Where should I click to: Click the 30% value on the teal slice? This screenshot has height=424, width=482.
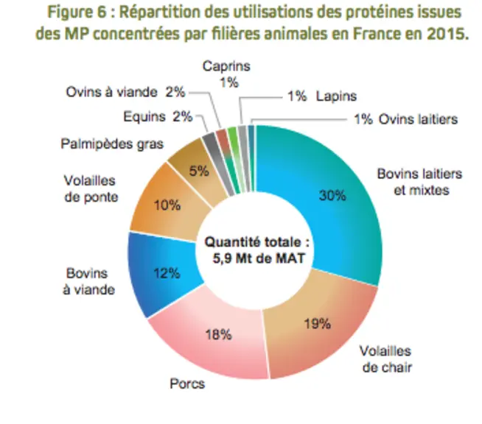coord(332,195)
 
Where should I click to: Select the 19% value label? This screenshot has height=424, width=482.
coord(318,324)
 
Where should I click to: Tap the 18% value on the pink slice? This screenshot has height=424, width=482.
coord(219,334)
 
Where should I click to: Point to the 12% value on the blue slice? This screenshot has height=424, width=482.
coord(167,273)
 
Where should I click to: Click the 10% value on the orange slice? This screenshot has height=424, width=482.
coord(167,205)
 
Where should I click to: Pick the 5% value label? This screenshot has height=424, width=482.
coord(199,171)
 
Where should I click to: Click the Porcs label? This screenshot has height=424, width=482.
coord(187,384)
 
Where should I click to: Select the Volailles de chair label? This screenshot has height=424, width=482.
coord(386,359)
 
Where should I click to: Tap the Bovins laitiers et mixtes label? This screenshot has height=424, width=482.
coord(420,182)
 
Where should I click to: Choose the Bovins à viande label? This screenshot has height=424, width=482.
coord(88,281)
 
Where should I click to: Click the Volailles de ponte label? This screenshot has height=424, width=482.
coord(91,188)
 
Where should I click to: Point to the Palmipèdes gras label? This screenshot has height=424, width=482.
coord(112,144)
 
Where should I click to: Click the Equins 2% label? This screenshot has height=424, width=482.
coord(158,116)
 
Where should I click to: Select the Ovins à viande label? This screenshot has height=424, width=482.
coord(111,92)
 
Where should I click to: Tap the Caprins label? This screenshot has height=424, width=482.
coord(226,66)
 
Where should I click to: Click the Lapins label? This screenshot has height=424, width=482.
coord(337,96)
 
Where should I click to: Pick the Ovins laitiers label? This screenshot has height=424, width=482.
coord(418,119)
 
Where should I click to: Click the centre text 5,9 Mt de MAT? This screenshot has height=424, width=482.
coord(259,258)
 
